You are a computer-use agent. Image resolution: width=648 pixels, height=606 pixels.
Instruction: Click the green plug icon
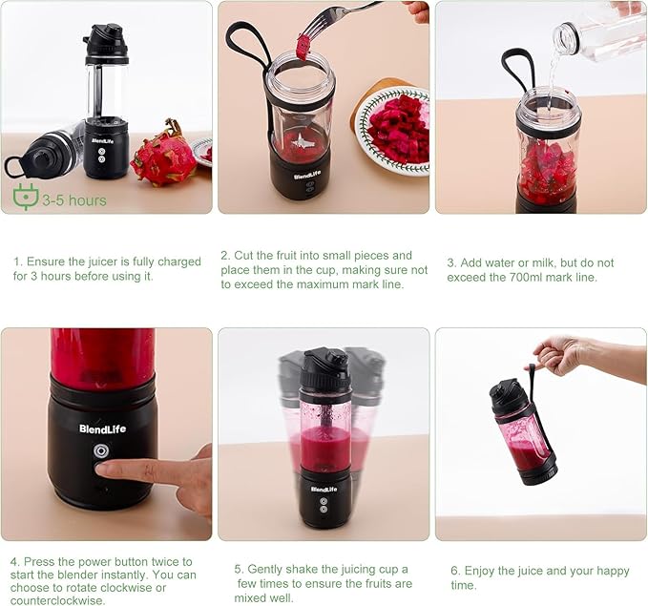(26, 197)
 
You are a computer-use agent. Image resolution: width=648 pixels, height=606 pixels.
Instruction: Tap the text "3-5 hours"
(74, 200)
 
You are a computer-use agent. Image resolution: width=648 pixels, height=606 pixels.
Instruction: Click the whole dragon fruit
(164, 155)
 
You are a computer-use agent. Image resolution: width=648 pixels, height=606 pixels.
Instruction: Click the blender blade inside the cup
(303, 143)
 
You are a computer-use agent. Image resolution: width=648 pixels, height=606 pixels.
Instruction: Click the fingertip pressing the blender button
(102, 468)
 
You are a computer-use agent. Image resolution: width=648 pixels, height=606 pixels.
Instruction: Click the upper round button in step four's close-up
(102, 451)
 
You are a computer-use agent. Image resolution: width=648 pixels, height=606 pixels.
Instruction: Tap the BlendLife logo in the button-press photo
(102, 429)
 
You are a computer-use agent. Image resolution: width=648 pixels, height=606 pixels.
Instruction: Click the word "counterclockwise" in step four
(58, 600)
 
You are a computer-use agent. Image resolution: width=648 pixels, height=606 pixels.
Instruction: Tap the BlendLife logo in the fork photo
(307, 176)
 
